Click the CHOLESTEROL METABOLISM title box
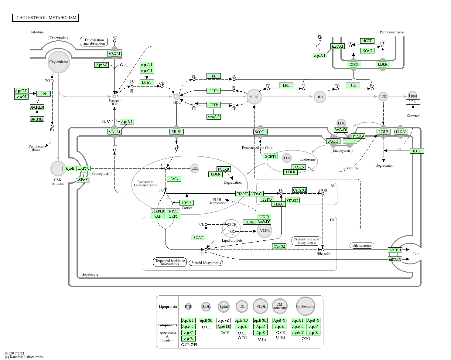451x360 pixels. (46, 18)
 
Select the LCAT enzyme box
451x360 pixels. (146, 82)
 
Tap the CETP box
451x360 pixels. (213, 105)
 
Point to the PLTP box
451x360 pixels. (213, 91)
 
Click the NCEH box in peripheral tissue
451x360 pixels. (367, 41)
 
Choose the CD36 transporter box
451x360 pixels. (354, 64)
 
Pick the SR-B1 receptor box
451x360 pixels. (176, 132)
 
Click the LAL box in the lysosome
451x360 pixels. (174, 179)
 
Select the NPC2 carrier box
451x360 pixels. (186, 203)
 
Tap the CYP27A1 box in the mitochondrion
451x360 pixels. (299, 190)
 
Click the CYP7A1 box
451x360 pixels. (279, 246)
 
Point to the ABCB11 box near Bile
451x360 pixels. (395, 250)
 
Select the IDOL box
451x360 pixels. (417, 151)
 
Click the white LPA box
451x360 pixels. (412, 102)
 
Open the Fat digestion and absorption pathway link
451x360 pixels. (94, 42)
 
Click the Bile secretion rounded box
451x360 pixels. (362, 246)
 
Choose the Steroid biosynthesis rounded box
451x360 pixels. (206, 263)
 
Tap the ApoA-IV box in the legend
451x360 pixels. (298, 333)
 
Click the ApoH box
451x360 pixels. (21, 97)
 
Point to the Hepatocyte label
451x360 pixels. (90, 274)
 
